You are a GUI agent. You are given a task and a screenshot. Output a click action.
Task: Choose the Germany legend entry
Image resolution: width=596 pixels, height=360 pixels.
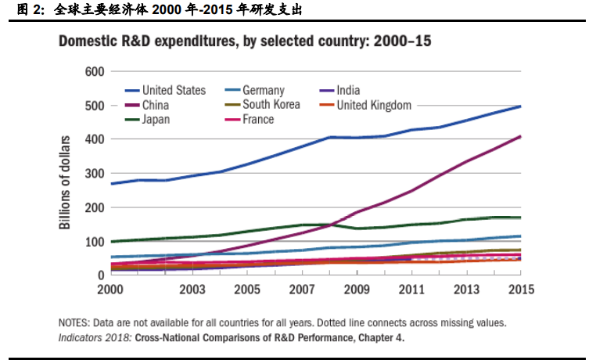[263, 90]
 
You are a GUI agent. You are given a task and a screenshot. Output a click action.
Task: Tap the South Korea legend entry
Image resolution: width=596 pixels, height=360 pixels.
[271, 105]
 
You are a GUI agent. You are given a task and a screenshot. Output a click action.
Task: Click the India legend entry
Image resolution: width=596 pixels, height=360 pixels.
[347, 90]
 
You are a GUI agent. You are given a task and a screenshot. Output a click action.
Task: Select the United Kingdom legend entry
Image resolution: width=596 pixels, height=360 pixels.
[374, 105]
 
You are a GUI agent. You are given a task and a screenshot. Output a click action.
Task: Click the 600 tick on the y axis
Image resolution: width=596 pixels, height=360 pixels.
[94, 72]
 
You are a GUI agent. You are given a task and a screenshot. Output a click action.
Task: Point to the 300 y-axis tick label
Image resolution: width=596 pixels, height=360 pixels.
[94, 174]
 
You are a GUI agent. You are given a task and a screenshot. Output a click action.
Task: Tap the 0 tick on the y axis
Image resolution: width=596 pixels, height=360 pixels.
[100, 275]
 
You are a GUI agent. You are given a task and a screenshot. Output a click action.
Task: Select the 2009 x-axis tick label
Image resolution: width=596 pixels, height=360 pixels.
[357, 290]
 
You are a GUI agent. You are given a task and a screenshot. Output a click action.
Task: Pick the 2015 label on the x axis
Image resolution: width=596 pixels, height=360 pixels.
[520, 290]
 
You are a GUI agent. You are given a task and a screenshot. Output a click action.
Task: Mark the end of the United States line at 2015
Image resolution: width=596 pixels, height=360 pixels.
[520, 106]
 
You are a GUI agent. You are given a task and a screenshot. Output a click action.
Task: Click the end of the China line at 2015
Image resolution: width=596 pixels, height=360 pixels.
[520, 137]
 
